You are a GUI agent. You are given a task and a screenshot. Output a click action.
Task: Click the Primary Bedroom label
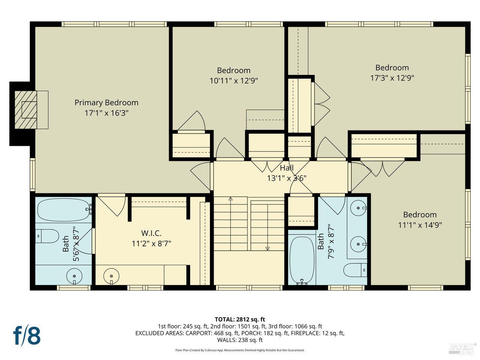(106, 102)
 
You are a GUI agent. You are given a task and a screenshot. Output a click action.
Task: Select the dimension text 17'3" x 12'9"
(392, 78)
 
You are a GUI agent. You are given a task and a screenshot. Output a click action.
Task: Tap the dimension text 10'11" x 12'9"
(234, 81)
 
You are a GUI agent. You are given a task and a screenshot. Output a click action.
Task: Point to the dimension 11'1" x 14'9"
(420, 225)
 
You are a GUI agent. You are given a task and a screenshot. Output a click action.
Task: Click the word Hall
(286, 168)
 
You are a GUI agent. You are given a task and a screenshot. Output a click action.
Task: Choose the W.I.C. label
(151, 233)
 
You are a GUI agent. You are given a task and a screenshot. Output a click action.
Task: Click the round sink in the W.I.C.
(111, 276)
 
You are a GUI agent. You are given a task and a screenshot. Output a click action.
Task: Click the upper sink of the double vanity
(358, 207)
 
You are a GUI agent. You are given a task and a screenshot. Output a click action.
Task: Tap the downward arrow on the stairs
(268, 248)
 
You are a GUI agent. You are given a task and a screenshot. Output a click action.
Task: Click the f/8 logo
(27, 335)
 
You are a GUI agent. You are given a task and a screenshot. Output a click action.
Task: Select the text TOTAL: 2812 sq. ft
(240, 319)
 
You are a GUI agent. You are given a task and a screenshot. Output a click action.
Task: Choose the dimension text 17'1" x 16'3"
(106, 113)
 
